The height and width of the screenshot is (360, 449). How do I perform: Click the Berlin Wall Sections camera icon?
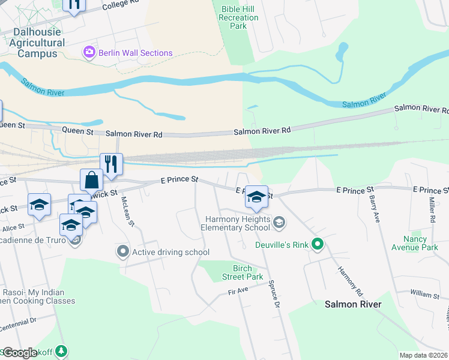pyautogui.click(x=89, y=53)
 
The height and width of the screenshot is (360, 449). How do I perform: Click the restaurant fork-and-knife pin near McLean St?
pyautogui.click(x=111, y=163)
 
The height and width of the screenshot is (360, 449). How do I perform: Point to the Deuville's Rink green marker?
pyautogui.click(x=318, y=244)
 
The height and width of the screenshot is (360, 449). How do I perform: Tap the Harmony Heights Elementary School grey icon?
pyautogui.click(x=279, y=223)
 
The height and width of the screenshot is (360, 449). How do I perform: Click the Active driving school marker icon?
pyautogui.click(x=124, y=252)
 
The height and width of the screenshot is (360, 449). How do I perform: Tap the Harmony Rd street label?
pyautogui.click(x=351, y=281)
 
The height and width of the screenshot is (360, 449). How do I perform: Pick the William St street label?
pyautogui.click(x=426, y=295)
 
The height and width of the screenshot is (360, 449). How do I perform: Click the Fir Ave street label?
pyautogui.click(x=238, y=291)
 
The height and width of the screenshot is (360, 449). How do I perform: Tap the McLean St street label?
pyautogui.click(x=128, y=212)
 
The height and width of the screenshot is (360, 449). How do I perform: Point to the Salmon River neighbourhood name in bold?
pyautogui.click(x=353, y=304)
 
